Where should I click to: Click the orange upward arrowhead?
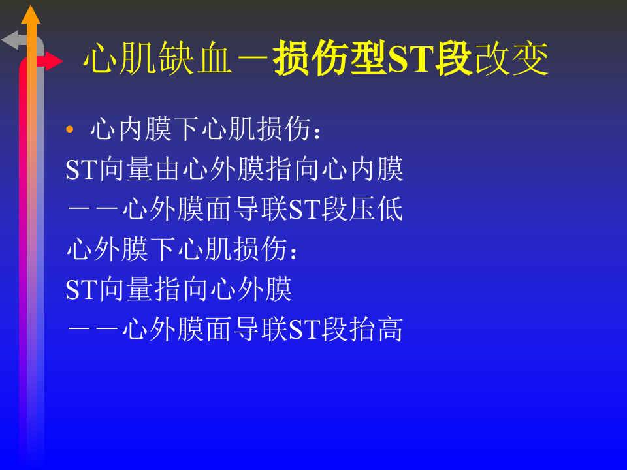coord(31,14)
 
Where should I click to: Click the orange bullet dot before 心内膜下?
coord(70,130)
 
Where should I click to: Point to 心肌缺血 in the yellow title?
coord(157,60)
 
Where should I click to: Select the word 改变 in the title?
coord(511,60)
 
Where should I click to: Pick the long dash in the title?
coord(252,60)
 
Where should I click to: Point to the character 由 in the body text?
coord(169,169)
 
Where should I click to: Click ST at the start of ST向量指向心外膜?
coord(82,289)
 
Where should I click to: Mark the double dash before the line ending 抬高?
coord(93,329)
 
